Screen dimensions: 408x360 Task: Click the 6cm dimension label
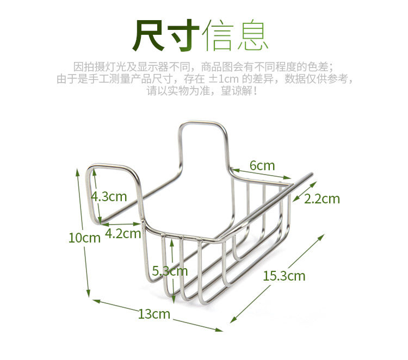(x=262, y=165)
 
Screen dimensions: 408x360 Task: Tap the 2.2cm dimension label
(x=322, y=199)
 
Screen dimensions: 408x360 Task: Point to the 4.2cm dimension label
(x=123, y=234)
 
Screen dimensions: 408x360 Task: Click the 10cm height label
(x=84, y=238)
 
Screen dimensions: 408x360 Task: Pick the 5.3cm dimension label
(x=170, y=270)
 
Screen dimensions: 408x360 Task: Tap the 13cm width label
(x=154, y=314)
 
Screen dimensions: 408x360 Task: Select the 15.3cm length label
(x=284, y=276)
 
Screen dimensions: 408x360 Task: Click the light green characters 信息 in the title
(x=236, y=36)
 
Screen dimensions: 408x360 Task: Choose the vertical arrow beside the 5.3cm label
(x=173, y=269)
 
